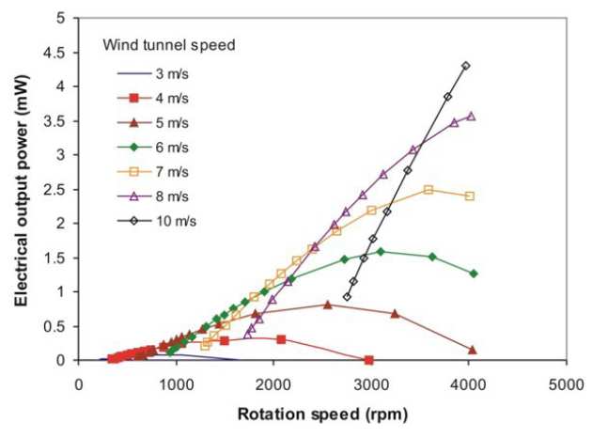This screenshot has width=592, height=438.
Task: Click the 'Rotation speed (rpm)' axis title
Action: coord(321,412)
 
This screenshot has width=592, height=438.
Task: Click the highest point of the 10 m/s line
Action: coord(466,66)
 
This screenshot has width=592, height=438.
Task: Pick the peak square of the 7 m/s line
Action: coord(428,190)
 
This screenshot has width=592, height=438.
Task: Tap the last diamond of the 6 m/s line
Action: coord(474,274)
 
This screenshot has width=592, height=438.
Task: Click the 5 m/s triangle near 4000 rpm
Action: coord(472,350)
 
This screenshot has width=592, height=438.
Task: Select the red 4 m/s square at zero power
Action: coord(368,360)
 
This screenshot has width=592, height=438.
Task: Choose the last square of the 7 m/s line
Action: coord(470,196)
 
